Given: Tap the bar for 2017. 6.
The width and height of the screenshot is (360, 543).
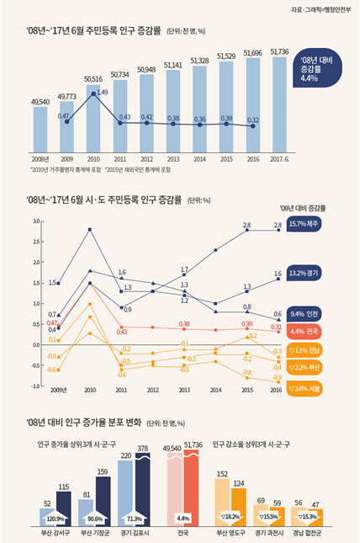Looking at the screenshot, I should [x=278, y=109].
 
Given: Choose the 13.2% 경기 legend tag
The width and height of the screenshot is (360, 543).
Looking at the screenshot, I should [x=313, y=273].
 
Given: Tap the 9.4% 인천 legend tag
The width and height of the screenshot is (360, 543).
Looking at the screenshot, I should [x=313, y=313].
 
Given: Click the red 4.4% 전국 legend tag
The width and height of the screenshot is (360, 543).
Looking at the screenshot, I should [x=313, y=331].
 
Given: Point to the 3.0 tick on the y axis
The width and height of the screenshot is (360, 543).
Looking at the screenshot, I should [x=37, y=221].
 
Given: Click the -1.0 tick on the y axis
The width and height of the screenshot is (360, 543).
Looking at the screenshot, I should [x=37, y=386].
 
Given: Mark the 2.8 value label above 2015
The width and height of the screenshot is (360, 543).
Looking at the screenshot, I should [x=246, y=225].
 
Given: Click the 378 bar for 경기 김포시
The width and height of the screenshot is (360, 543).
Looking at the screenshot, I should [x=144, y=487].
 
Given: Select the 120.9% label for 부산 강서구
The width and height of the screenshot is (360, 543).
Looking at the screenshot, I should [x=55, y=519].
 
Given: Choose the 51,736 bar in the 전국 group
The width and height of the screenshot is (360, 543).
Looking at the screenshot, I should [x=190, y=488].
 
